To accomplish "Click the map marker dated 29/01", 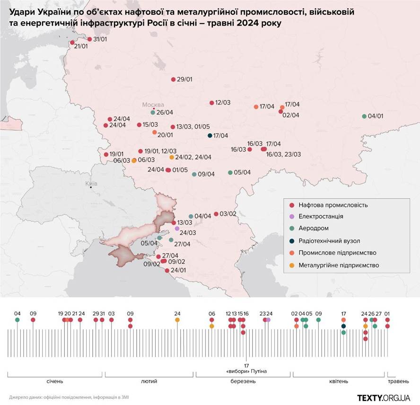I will [173, 79].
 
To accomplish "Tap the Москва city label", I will [154, 105].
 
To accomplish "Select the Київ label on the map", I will [90, 183].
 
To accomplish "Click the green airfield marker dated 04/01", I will [364, 116].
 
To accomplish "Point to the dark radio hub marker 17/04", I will [210, 136].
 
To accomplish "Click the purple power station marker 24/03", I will [177, 229].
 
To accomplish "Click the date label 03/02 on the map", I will [228, 214].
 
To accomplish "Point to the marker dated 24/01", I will [166, 271].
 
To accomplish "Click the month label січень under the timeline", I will [55, 381].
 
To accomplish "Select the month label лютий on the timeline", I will [149, 381].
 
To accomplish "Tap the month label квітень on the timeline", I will [338, 381].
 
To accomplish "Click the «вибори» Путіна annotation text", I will [247, 371].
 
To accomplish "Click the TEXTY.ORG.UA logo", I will [383, 397].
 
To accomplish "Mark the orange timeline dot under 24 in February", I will [177, 320].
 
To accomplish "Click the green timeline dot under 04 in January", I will [17, 320].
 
